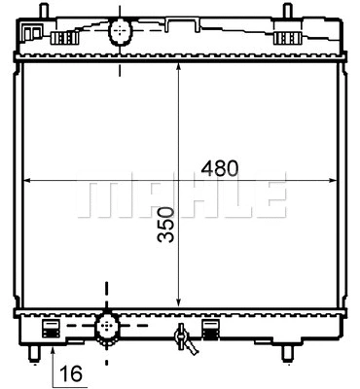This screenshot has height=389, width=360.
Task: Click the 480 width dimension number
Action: click(x=219, y=167)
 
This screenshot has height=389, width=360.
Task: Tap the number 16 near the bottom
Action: click(x=69, y=371)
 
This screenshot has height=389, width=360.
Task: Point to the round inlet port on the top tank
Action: click(x=120, y=31)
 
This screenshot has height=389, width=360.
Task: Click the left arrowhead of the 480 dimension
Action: click(x=26, y=180)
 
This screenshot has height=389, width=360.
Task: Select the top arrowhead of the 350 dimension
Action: click(x=177, y=69)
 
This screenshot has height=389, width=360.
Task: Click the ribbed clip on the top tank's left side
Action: click(x=64, y=38)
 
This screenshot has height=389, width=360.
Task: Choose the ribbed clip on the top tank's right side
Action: click(x=289, y=38)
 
